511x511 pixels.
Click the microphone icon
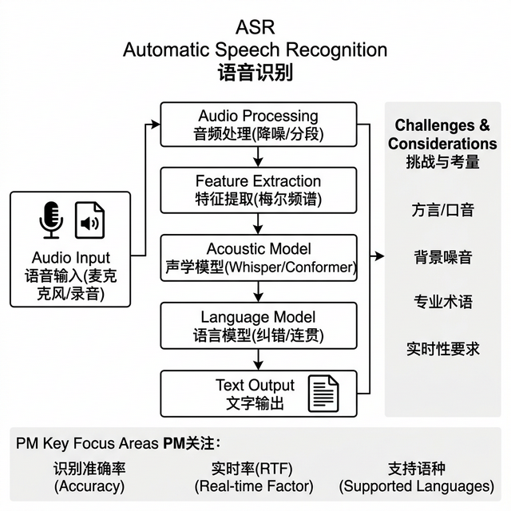point(52,220)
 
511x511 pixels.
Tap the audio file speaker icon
point(90,220)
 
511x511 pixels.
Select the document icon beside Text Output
point(323,393)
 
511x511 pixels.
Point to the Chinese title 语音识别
point(255,73)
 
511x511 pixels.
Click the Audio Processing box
point(258,125)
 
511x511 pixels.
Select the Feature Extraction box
point(258,190)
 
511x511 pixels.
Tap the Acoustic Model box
point(258,257)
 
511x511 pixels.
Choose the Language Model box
point(258,325)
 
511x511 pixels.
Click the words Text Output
point(255,386)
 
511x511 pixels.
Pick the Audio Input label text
point(71,257)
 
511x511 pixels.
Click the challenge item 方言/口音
point(442,211)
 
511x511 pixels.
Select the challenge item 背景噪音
point(442,257)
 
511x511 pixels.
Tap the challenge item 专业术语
point(442,302)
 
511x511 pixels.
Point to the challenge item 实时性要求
point(442,348)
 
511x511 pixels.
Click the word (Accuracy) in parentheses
point(89,485)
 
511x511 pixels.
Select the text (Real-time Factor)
point(254,485)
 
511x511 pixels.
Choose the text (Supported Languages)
point(416,485)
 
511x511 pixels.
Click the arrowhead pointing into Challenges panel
point(380,257)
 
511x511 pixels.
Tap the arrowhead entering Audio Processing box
point(156,125)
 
